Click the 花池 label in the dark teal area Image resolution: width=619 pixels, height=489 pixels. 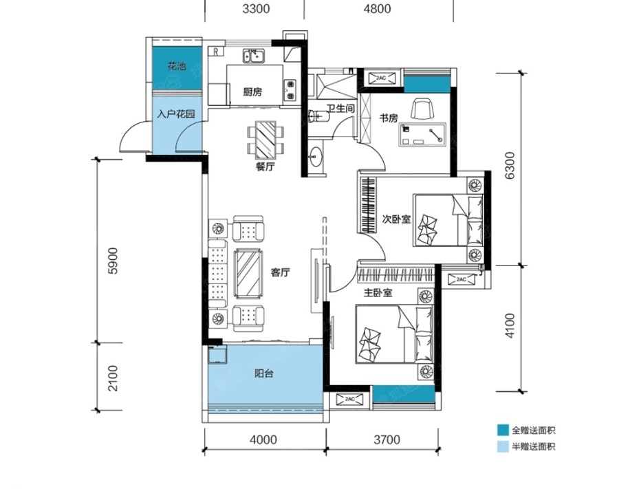tap(177, 66)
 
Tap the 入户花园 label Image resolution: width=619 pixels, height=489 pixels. tap(176, 114)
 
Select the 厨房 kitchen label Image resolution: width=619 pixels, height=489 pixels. tap(252, 92)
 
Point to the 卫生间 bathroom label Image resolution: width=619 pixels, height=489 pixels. tap(340, 108)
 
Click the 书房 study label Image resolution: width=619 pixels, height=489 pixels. tap(389, 118)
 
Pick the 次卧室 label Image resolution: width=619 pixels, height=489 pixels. tap(396, 219)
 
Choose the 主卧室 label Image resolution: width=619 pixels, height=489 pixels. tap(378, 293)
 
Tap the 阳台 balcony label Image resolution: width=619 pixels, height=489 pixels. tap(263, 373)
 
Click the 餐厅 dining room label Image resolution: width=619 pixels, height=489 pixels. tap(265, 167)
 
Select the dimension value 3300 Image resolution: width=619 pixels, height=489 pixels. tap(256, 9)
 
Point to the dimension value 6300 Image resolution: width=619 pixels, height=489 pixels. tap(510, 166)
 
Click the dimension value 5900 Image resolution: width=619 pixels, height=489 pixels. tap(113, 261)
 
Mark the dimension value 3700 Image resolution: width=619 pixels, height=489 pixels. tap(387, 439)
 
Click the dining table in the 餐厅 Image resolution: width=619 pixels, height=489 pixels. tap(265, 140)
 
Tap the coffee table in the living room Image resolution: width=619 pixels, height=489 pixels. tap(248, 274)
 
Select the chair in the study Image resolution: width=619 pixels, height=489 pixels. tap(422, 109)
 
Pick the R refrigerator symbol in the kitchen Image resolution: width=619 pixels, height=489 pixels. tap(216, 52)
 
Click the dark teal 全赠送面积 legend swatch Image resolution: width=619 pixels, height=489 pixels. tap(503, 430)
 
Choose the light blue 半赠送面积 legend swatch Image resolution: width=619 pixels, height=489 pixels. tap(503, 446)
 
